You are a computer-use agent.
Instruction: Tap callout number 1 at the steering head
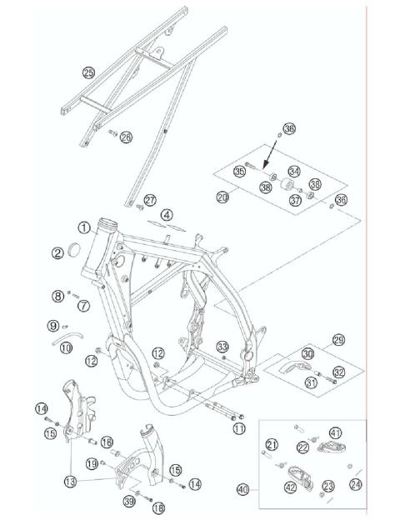coord(84,226)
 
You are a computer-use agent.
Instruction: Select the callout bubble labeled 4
coord(167,215)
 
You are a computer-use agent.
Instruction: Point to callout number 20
coord(222,197)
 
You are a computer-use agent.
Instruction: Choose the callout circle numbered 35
coord(240,172)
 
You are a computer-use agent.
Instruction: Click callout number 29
coord(338,341)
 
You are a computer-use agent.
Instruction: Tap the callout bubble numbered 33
coord(222,347)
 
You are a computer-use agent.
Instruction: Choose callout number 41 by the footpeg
coord(334,432)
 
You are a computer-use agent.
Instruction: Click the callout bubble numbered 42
coord(291,488)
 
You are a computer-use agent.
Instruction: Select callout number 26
coord(126,137)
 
